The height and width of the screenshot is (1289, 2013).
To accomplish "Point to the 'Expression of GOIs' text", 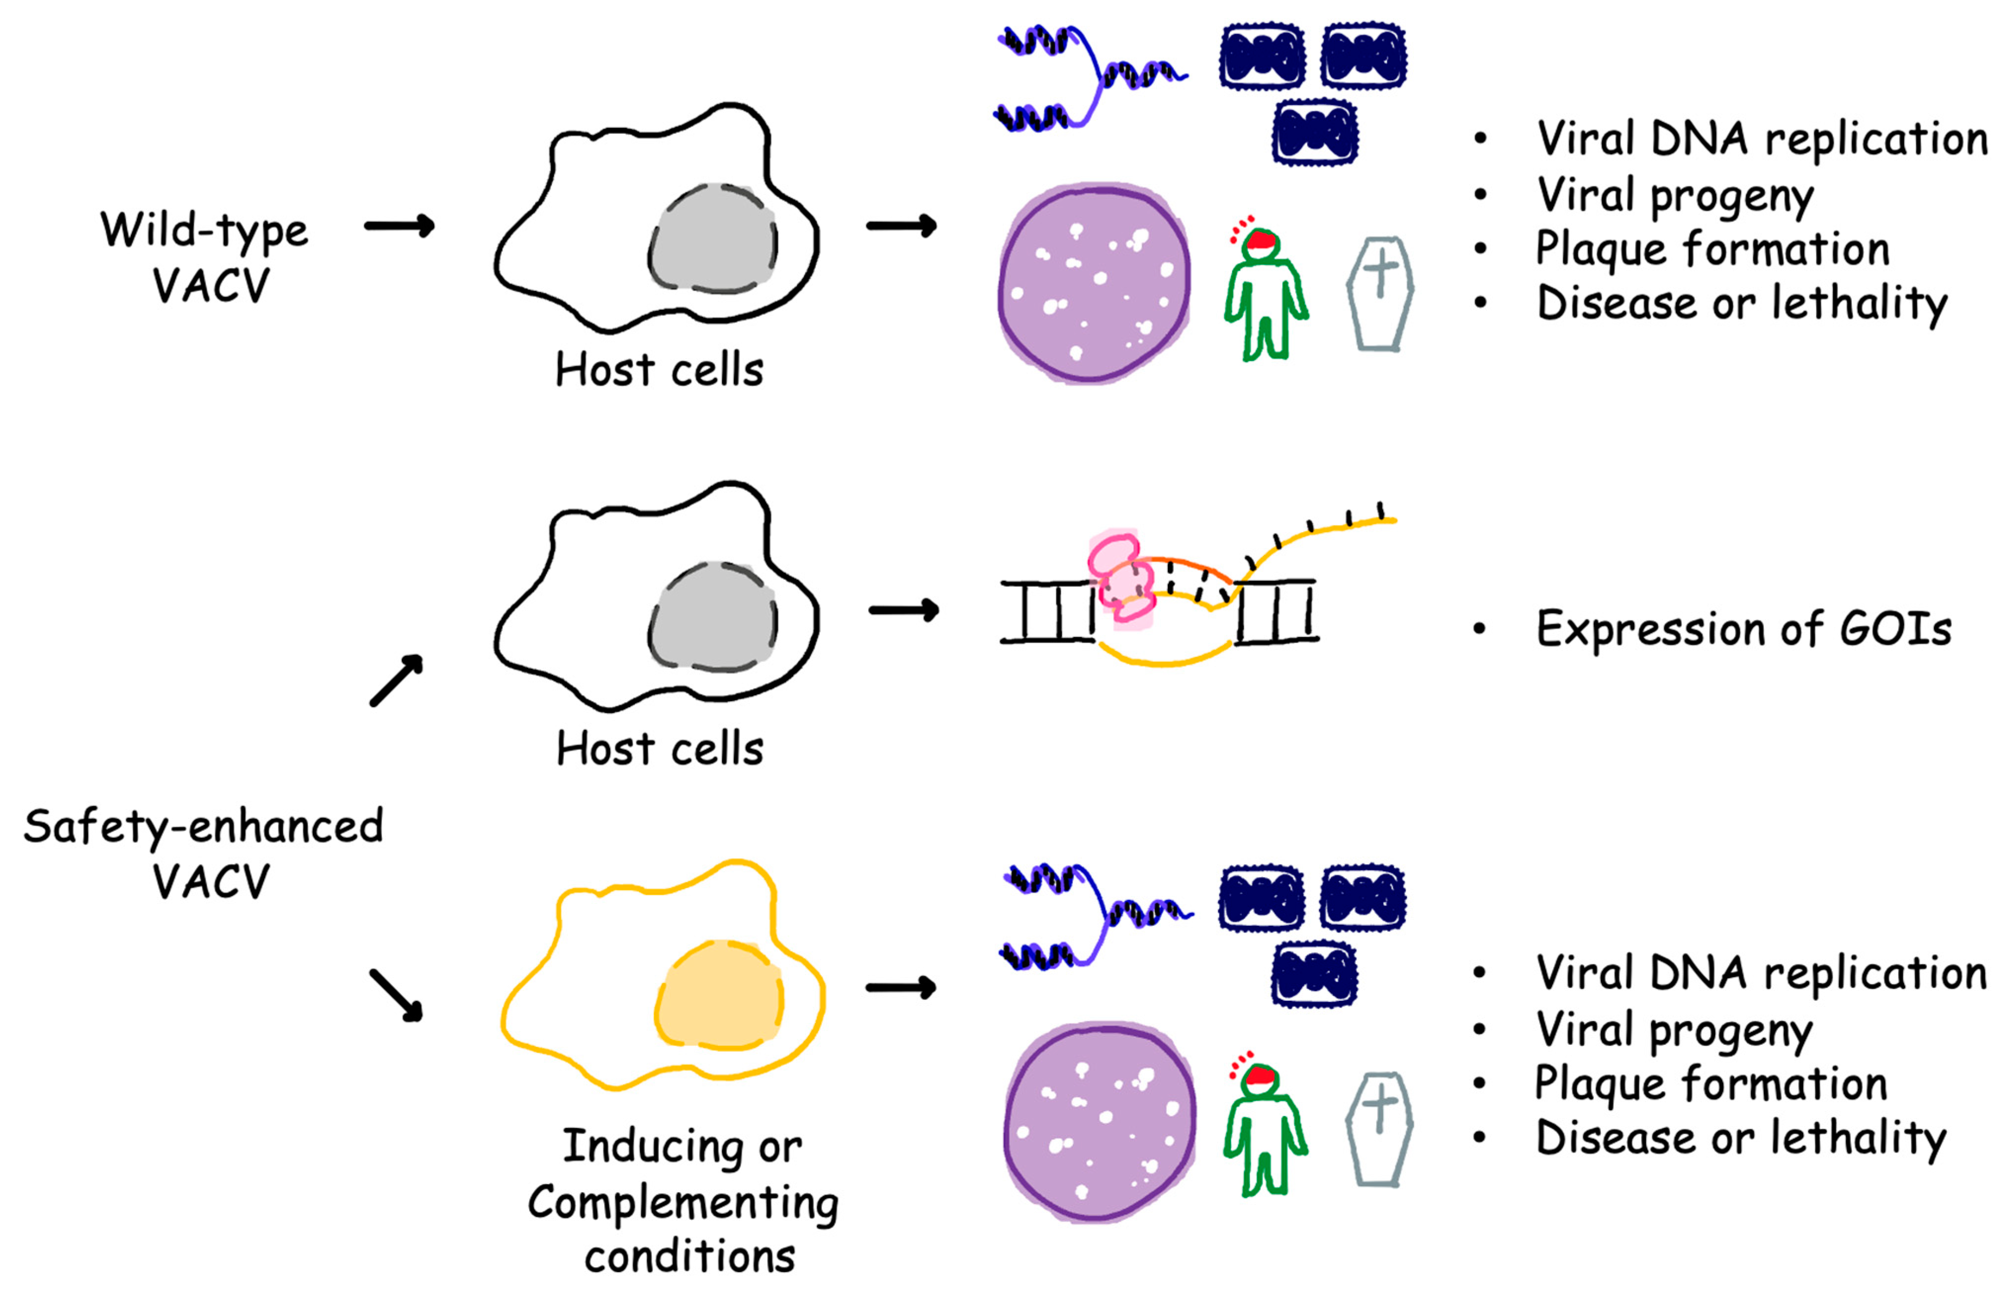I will tap(1744, 630).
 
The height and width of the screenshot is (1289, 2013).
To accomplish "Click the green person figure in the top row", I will tap(1264, 297).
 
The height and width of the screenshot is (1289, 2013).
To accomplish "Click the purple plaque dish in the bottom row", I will tap(1099, 1121).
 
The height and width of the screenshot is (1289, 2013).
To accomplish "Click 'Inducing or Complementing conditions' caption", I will tap(682, 1201).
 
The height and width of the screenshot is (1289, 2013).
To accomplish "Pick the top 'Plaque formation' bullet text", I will tap(1712, 250).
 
